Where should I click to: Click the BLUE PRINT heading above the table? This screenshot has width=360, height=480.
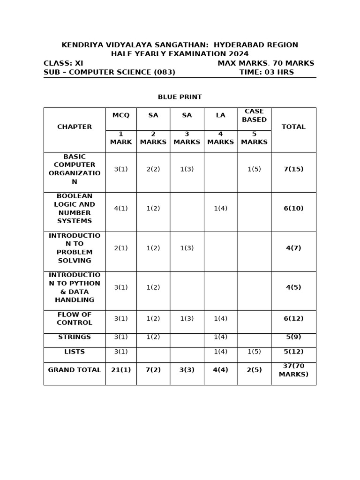[x=180, y=97]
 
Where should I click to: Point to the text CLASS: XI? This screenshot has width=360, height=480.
[x=63, y=63]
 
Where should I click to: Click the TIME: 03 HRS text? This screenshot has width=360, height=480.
[x=266, y=72]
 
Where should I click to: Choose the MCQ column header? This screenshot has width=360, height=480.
[x=120, y=115]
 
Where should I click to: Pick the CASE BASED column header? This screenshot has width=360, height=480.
[x=254, y=115]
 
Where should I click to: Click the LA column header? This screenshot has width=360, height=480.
[x=220, y=115]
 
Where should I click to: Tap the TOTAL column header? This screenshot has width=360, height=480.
[x=293, y=127]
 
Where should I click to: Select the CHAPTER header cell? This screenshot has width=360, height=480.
[x=75, y=127]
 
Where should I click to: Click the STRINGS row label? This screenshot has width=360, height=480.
[x=75, y=337]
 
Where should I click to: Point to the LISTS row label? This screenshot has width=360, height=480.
[x=75, y=352]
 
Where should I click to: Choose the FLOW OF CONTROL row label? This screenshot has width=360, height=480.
[x=75, y=319]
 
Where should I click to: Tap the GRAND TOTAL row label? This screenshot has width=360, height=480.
[x=75, y=370]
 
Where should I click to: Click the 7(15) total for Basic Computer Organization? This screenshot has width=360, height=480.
[x=293, y=169]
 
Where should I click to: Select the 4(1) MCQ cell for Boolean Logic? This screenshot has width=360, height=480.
[x=120, y=209]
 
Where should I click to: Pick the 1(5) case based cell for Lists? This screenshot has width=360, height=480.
[x=254, y=352]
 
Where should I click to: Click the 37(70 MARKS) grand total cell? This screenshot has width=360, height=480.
[x=293, y=370]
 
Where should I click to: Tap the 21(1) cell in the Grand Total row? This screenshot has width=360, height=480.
[x=120, y=370]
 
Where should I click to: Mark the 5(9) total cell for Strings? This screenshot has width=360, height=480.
[x=293, y=337]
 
